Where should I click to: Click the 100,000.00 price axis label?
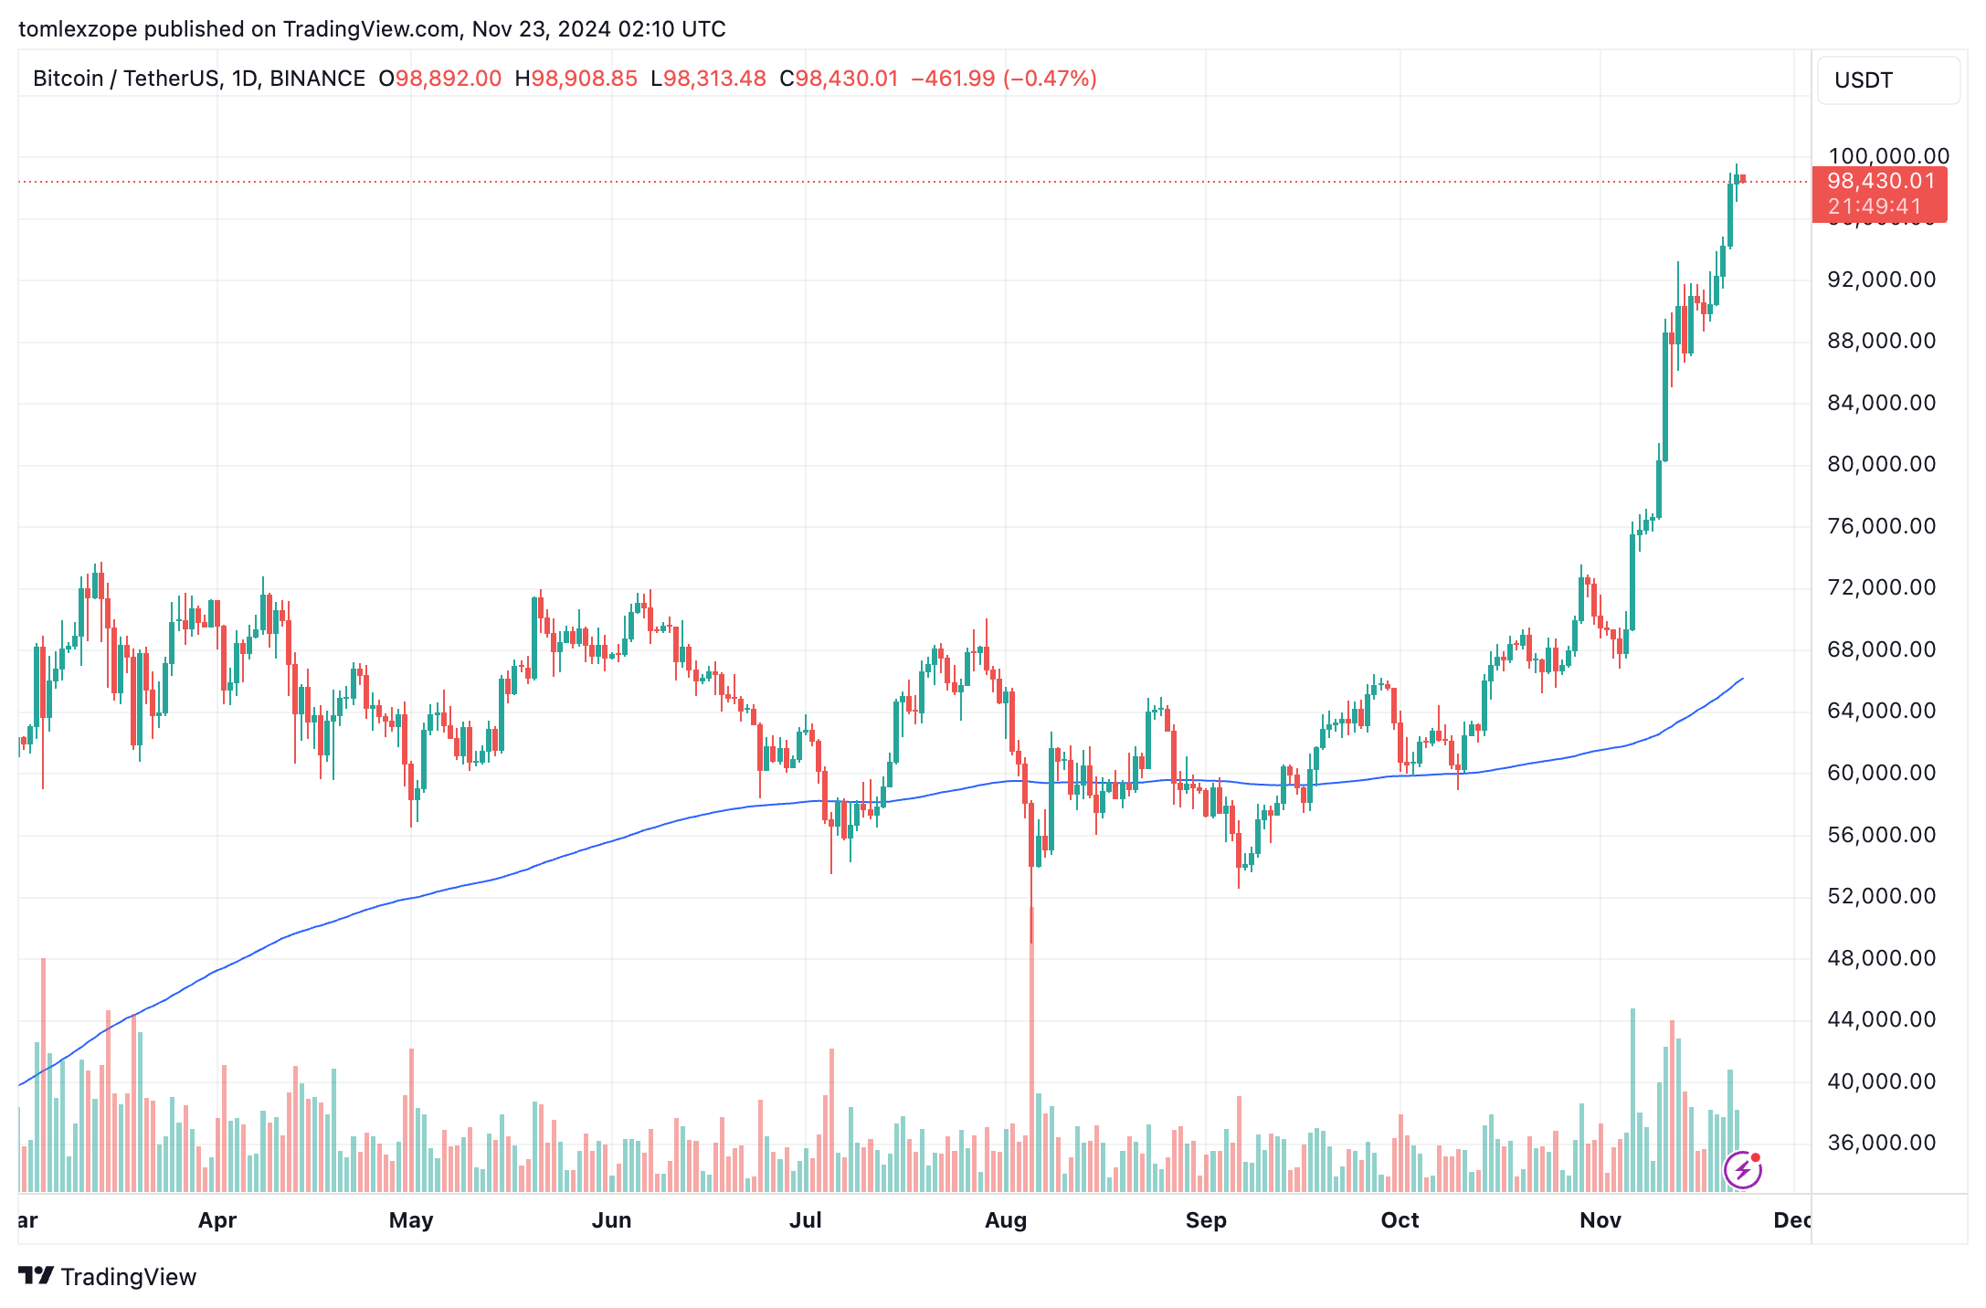pyautogui.click(x=1887, y=156)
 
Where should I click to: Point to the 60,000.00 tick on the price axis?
pyautogui.click(x=1881, y=773)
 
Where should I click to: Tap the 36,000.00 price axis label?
pyautogui.click(x=1881, y=1143)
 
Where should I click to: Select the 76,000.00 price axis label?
pyautogui.click(x=1881, y=526)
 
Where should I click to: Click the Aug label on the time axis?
pyautogui.click(x=1005, y=1220)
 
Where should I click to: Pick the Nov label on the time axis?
pyautogui.click(x=1600, y=1220)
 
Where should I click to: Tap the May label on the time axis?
pyautogui.click(x=410, y=1220)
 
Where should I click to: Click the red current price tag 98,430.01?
pyautogui.click(x=1880, y=182)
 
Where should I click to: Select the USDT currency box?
pyautogui.click(x=1887, y=80)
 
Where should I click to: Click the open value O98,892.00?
pyautogui.click(x=439, y=79)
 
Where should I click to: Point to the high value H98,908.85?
pyautogui.click(x=576, y=79)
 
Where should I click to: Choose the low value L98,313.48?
pyautogui.click(x=708, y=79)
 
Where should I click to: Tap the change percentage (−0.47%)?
pyautogui.click(x=1050, y=79)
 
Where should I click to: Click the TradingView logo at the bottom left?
pyautogui.click(x=107, y=1276)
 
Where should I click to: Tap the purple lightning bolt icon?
pyautogui.click(x=1742, y=1169)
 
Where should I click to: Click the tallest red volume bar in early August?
pyautogui.click(x=1031, y=1050)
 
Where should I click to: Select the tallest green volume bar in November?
pyautogui.click(x=1632, y=1101)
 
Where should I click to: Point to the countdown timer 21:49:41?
pyautogui.click(x=1875, y=206)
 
